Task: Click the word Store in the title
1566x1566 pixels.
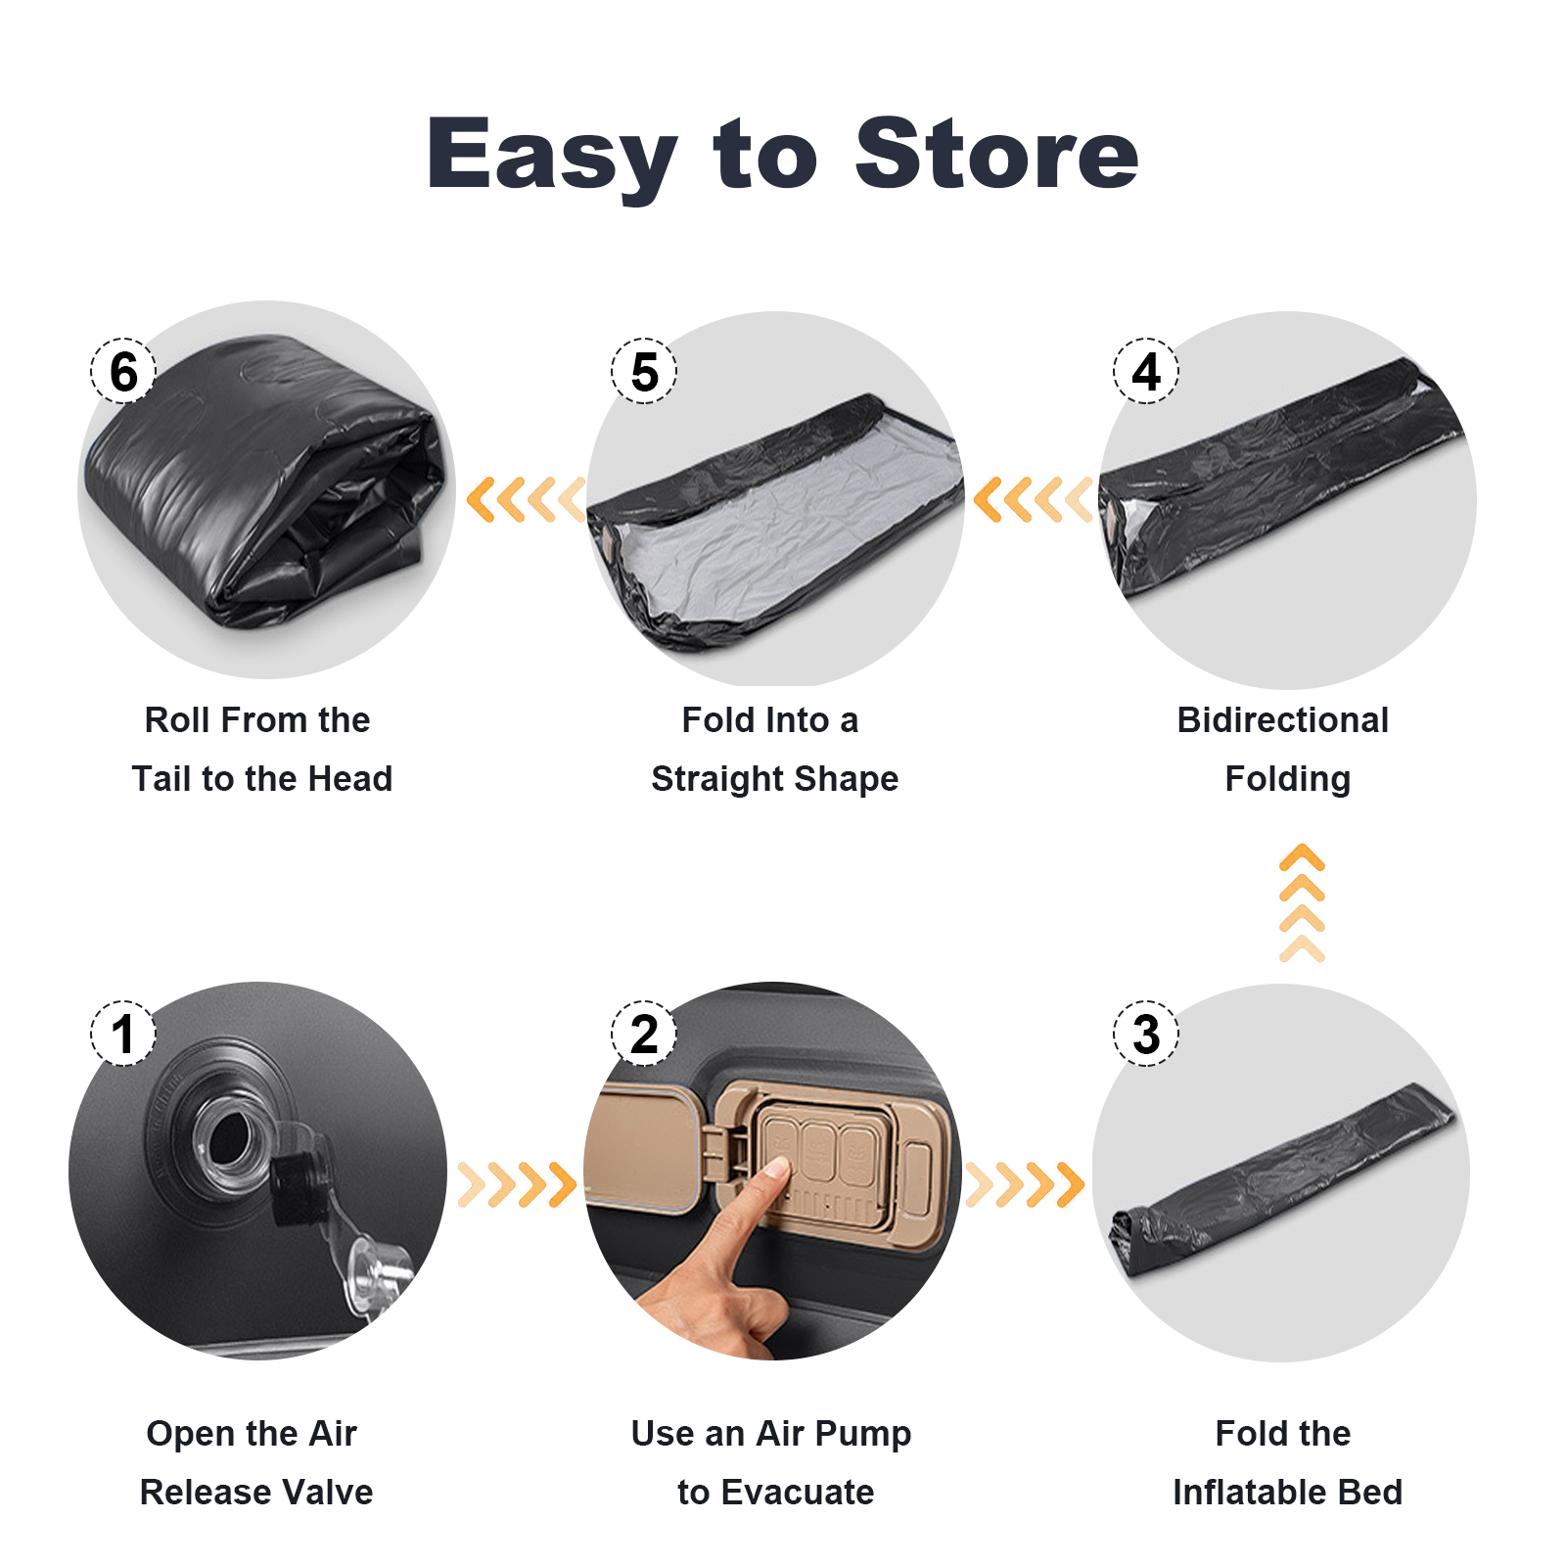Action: [x=996, y=153]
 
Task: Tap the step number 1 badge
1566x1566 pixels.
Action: [x=123, y=1034]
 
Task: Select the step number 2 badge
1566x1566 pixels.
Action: [x=644, y=1034]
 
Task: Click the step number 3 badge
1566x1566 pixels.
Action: [x=1146, y=1034]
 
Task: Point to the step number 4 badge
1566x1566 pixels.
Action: [x=1146, y=371]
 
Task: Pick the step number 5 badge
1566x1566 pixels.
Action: [x=644, y=371]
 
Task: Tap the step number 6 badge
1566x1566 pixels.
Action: [x=123, y=371]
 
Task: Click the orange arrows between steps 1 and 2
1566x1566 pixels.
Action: [x=517, y=1184]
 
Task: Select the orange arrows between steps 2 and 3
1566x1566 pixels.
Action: [x=1026, y=1184]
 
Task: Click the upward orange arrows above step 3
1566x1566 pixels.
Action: [x=1302, y=902]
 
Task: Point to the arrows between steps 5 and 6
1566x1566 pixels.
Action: [x=526, y=499]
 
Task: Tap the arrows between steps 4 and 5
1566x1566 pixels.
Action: [x=1034, y=499]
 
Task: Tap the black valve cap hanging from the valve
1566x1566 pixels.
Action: [x=295, y=1188]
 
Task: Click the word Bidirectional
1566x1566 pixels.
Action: [x=1283, y=720]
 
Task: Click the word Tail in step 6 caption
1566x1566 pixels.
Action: [x=162, y=779]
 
